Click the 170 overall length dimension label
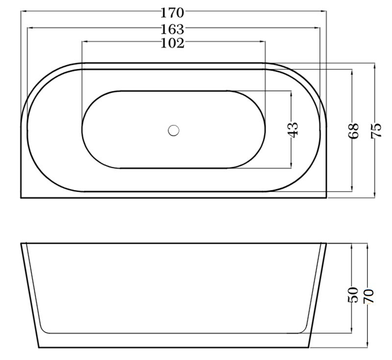pos(172,13)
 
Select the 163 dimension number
pos(172,29)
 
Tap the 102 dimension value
pos(172,43)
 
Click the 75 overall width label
pos(376,130)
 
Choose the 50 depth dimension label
pos(353,295)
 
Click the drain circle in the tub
pos(173,130)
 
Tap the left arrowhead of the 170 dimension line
pos(23,11)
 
